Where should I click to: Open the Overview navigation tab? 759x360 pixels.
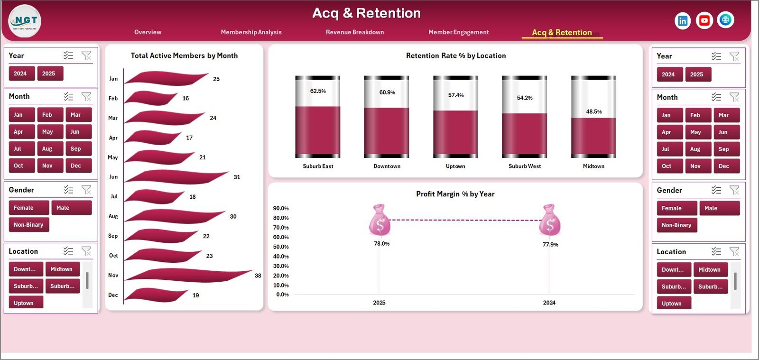click(148, 32)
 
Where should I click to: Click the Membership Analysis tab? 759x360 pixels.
click(251, 32)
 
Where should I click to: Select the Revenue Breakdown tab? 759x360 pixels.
click(355, 32)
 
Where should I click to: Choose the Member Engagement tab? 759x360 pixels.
click(458, 32)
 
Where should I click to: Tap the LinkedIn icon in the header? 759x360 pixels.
click(682, 20)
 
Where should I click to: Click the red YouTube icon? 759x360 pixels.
click(704, 20)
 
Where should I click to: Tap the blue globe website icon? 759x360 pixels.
click(725, 20)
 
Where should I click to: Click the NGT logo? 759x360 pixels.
click(25, 21)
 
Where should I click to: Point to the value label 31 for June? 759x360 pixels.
click(237, 177)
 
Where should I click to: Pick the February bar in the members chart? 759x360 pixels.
click(152, 98)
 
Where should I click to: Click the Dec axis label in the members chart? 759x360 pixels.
click(113, 295)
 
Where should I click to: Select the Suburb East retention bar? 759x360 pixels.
click(318, 130)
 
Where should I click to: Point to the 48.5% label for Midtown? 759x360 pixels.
click(593, 112)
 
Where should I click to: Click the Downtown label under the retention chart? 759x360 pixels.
click(387, 166)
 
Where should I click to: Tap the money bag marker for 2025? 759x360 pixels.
click(379, 220)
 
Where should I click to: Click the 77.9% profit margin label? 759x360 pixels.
click(550, 245)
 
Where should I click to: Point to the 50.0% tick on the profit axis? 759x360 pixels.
click(281, 247)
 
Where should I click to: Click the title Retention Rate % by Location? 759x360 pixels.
click(455, 56)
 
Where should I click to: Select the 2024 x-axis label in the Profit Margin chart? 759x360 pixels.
click(549, 303)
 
